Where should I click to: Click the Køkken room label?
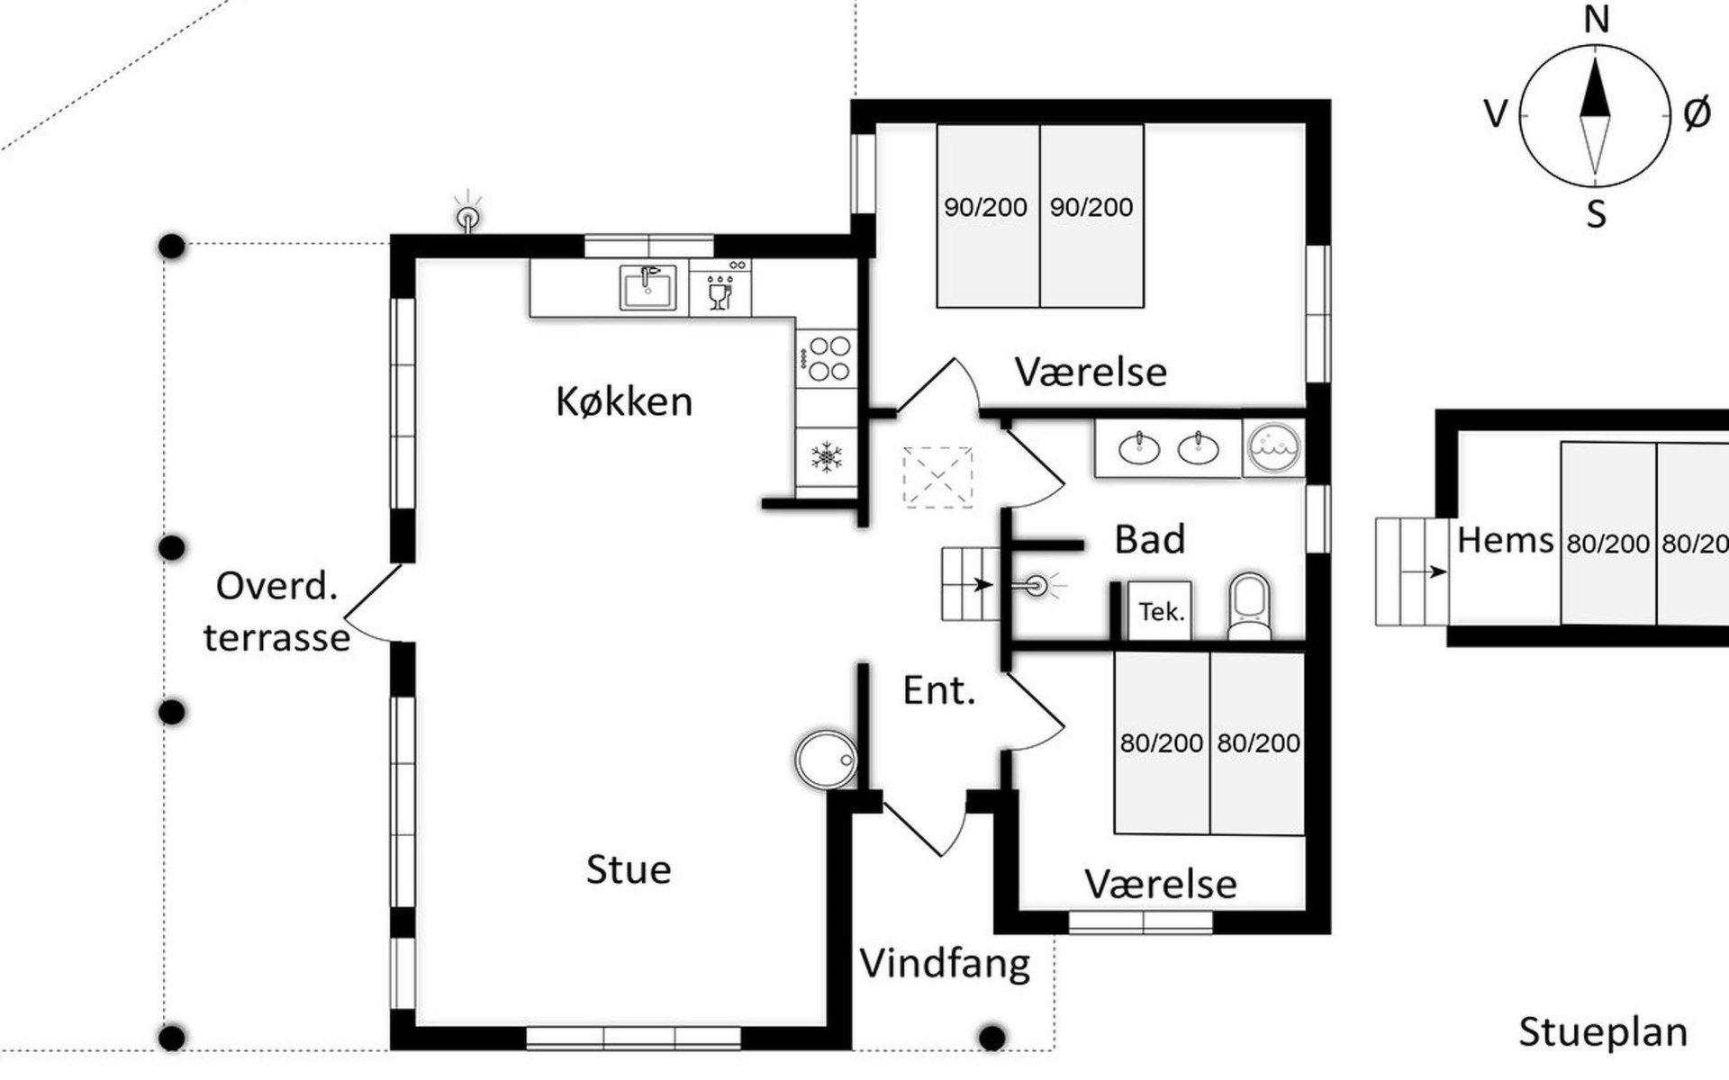click(x=624, y=401)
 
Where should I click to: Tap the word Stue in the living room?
click(x=629, y=869)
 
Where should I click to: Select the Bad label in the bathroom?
click(x=1150, y=539)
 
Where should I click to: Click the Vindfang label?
click(x=945, y=964)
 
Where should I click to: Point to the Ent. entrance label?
click(x=939, y=690)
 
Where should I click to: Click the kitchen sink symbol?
click(x=647, y=287)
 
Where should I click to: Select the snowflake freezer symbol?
click(x=826, y=456)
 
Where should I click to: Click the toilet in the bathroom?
click(x=1250, y=606)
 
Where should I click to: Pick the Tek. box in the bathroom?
click(x=1160, y=611)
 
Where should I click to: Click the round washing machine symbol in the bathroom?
click(x=1274, y=446)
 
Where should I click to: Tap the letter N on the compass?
click(x=1596, y=19)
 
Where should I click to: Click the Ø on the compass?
click(x=1697, y=113)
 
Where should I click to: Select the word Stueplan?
click(x=1603, y=1032)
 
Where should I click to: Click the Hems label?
click(x=1505, y=540)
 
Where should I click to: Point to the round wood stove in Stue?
click(x=827, y=760)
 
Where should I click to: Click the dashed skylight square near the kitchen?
click(x=937, y=477)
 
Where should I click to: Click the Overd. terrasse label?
click(x=276, y=612)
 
